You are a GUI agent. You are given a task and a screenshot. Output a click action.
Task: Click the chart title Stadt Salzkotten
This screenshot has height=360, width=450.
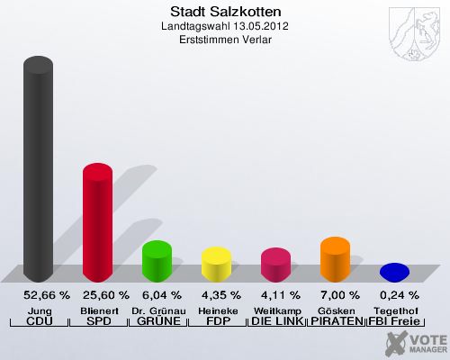tap(225, 13)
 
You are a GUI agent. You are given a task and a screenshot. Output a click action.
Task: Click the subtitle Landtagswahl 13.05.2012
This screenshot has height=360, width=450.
tap(225, 27)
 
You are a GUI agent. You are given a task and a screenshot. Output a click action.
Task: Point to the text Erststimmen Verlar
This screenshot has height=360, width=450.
tap(225, 40)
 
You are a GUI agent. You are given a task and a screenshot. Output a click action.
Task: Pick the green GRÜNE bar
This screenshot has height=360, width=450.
tap(157, 261)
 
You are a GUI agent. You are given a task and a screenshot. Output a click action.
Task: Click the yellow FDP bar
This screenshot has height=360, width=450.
tap(216, 265)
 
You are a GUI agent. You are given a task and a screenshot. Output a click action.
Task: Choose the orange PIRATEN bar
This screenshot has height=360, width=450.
tap(335, 259)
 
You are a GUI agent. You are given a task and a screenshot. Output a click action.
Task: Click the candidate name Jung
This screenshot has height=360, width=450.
tap(39, 309)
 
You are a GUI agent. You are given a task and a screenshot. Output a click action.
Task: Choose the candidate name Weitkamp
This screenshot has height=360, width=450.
tap(275, 309)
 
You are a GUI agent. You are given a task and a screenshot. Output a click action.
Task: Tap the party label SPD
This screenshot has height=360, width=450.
tap(98, 321)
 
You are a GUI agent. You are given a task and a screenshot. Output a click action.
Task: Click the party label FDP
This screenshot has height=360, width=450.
tap(216, 321)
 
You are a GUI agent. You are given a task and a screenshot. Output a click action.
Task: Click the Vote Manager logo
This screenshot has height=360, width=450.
tap(409, 342)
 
